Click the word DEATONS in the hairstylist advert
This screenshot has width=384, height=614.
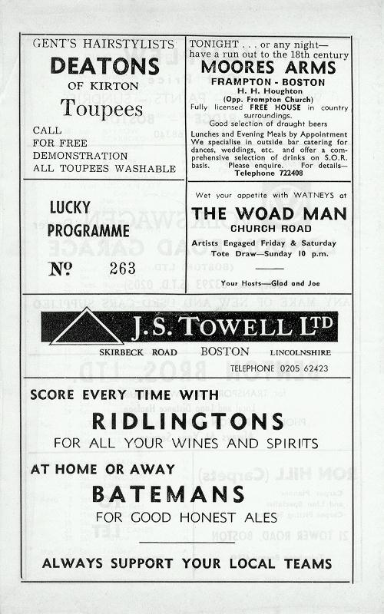[103, 66]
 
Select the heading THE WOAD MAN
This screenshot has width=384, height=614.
[264, 213]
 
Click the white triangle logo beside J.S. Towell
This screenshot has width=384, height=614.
[85, 328]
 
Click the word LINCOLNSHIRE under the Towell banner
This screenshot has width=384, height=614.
[299, 352]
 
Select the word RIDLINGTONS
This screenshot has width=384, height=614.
[187, 421]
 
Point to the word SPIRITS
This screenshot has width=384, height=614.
[287, 444]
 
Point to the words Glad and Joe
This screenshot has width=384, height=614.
[283, 282]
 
